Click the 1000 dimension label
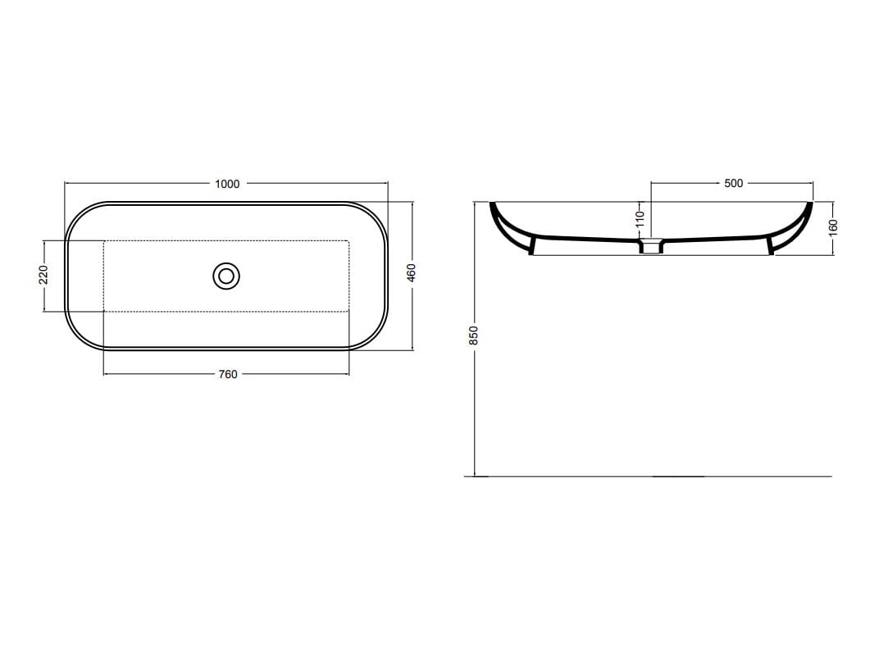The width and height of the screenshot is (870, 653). click(227, 184)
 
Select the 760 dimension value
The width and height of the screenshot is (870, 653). click(228, 374)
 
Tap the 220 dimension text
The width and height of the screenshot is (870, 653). click(44, 275)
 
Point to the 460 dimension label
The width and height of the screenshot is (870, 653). click(412, 272)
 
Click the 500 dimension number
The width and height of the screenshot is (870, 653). click(734, 183)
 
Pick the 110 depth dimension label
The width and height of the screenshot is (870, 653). click(640, 219)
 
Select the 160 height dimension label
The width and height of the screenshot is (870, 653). click(833, 226)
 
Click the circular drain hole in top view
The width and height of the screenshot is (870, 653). click(226, 276)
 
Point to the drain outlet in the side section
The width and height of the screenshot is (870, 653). click(652, 246)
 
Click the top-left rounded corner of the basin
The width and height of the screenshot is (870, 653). click(80, 216)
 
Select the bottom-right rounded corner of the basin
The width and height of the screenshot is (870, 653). click(376, 336)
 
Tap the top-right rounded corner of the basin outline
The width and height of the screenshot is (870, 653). click(376, 216)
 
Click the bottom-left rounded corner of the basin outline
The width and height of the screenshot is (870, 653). click(80, 336)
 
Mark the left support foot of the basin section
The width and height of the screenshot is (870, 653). click(532, 245)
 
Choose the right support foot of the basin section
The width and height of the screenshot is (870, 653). click(771, 245)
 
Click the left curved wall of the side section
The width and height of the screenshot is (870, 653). click(502, 225)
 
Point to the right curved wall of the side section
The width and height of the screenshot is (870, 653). click(801, 225)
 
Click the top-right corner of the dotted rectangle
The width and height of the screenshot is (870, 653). click(349, 240)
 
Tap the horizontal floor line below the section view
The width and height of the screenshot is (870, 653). click(656, 476)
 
